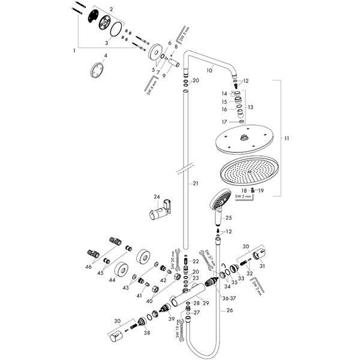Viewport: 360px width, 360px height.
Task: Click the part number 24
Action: point(157,197)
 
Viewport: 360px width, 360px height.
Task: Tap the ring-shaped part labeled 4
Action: point(97,70)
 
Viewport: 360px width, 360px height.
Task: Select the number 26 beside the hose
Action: point(229,311)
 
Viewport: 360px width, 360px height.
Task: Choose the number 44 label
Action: point(112,280)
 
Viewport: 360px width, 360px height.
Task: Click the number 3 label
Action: point(107,43)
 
